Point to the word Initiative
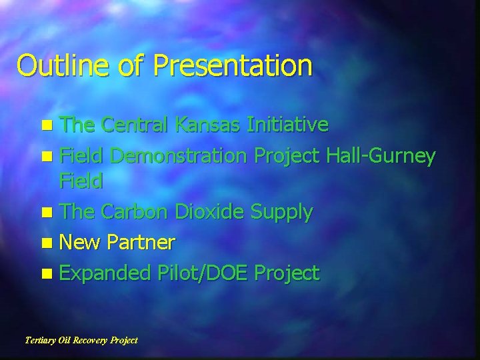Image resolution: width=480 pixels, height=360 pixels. click(287, 124)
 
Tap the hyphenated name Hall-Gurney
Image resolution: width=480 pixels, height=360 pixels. click(381, 156)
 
